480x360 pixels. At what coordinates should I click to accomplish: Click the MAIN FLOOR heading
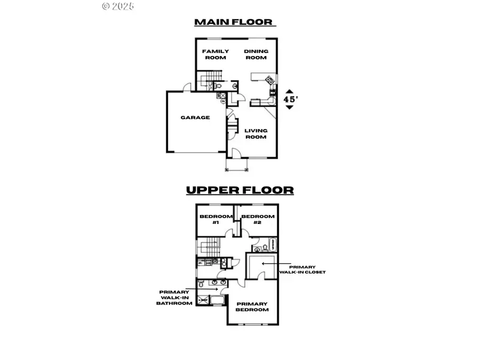234,22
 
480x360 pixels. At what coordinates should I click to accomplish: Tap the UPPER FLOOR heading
239,190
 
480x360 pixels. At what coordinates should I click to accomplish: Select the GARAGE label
195,117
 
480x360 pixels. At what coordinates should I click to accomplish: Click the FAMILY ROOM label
215,54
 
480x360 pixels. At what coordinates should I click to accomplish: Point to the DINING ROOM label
256,54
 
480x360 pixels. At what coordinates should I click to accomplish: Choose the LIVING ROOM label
255,133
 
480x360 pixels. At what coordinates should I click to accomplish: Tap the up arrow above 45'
289,91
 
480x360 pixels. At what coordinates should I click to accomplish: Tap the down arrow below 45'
289,107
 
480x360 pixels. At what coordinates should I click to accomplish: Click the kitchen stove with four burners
269,81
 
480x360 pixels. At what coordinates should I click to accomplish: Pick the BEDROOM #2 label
258,219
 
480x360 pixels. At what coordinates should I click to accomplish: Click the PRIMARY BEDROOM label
252,307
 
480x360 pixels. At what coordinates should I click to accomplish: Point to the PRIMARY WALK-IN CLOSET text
302,269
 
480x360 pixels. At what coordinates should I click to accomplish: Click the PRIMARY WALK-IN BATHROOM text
174,298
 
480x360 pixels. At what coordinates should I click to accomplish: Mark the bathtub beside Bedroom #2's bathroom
271,244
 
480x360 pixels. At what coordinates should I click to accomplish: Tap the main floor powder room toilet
219,85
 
